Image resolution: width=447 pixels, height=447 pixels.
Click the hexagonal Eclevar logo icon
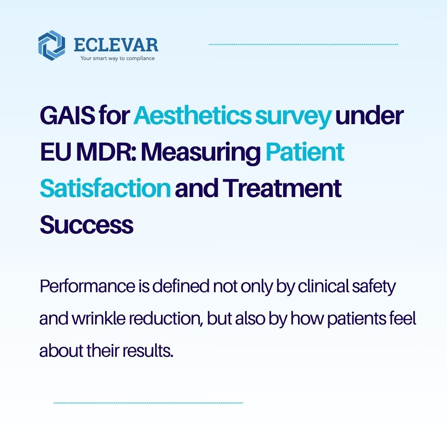[52, 46]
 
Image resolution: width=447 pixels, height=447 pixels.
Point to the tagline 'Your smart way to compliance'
[117, 58]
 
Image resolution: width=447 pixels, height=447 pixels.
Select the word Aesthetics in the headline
[192, 116]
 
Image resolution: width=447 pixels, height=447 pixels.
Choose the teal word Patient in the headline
[305, 152]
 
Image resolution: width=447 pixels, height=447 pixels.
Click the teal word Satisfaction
[105, 188]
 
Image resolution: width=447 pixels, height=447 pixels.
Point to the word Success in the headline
[87, 224]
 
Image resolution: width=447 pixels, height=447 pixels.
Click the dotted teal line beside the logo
[303, 44]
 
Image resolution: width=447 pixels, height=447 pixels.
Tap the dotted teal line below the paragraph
[148, 402]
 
